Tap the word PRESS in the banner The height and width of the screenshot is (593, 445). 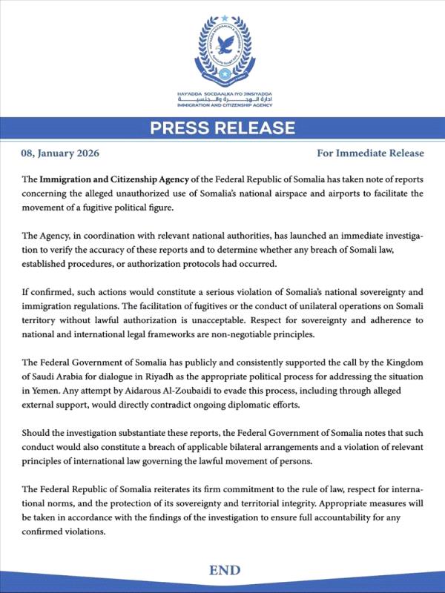click(182, 129)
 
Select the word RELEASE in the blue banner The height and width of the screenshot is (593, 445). click(258, 129)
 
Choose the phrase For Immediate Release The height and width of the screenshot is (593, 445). click(370, 154)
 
